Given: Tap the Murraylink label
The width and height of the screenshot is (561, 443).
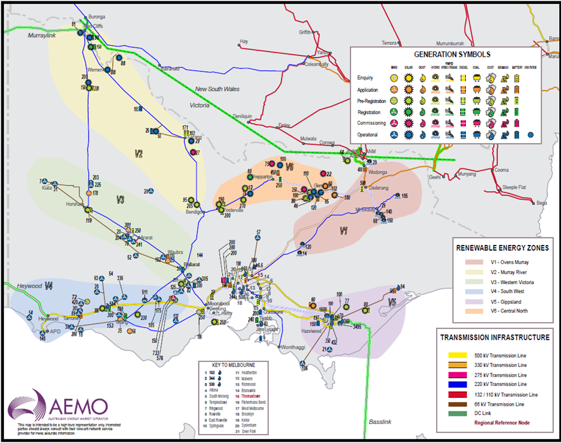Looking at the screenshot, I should [x=42, y=37].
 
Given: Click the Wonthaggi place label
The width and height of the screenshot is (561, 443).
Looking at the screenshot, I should [x=293, y=347].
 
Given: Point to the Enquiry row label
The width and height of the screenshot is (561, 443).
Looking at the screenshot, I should [x=365, y=78].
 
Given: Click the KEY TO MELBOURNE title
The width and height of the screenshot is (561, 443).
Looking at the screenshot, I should [x=225, y=365].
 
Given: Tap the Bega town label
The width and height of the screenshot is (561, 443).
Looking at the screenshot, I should [x=541, y=203].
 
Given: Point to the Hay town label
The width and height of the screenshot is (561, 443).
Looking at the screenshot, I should [x=243, y=42].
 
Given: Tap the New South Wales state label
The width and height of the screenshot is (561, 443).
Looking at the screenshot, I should [x=217, y=89].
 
